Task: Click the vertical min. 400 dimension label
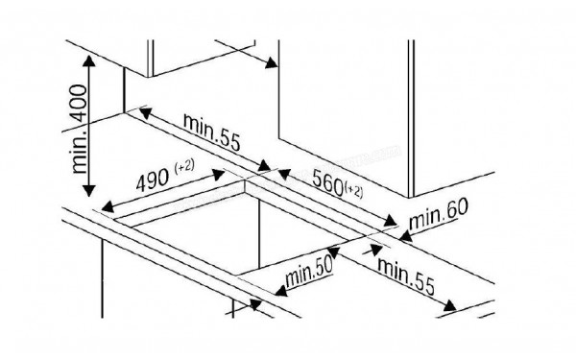tap(80, 129)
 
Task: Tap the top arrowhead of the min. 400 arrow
tap(88, 60)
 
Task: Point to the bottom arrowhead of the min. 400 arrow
tap(88, 190)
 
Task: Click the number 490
tap(152, 179)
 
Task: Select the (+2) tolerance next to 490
tap(184, 166)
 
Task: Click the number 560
tap(327, 182)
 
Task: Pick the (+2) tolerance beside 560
tap(353, 190)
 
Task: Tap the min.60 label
tap(439, 214)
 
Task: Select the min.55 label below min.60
tap(406, 276)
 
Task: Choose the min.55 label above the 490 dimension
tap(211, 132)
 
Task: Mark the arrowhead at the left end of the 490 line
tap(108, 207)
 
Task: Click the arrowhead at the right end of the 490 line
tap(218, 175)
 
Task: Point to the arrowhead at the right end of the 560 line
tap(390, 221)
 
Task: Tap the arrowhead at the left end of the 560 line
tap(285, 174)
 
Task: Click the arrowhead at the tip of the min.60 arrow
tap(405, 235)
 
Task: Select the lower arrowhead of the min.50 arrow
tap(281, 291)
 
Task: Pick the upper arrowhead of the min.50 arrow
tap(333, 252)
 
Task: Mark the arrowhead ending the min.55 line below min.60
tap(450, 305)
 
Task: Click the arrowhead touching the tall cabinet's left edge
tap(272, 62)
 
